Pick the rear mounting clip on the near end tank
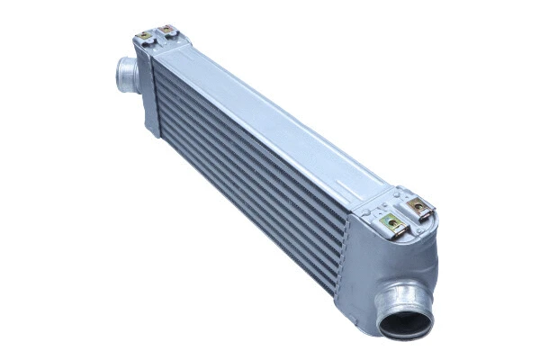(x=418, y=206)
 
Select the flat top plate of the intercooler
(x=270, y=117)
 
